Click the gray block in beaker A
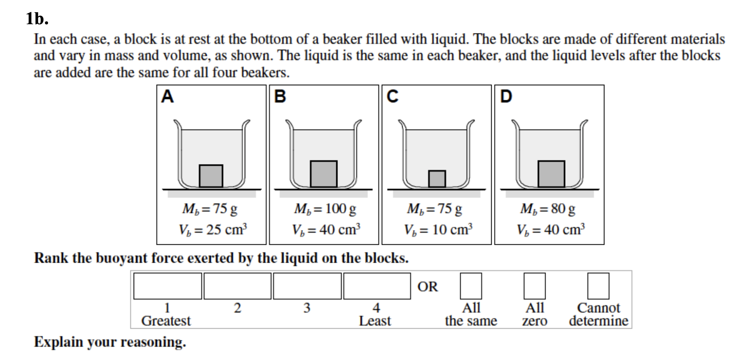coord(211,176)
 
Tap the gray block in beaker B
coord(324,174)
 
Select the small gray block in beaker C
coord(437,179)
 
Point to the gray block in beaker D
coord(551,174)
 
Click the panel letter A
coord(167,96)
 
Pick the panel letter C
coord(392,96)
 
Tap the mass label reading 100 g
coord(325,208)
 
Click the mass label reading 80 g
coord(548,208)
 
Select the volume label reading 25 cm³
coord(213,230)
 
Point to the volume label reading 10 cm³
coord(438,230)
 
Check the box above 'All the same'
coord(471,286)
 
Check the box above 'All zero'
coord(535,286)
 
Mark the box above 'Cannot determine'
coord(598,286)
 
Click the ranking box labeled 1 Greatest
coord(167,286)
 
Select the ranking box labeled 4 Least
coord(377,286)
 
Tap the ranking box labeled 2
coord(237,286)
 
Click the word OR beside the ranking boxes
coord(428,287)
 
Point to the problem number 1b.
coord(37,19)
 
